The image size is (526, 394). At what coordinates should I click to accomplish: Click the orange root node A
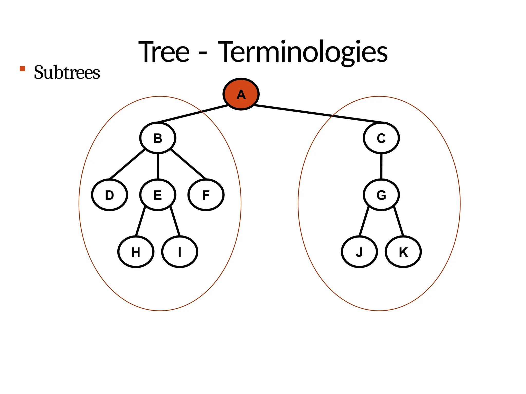pos(241,94)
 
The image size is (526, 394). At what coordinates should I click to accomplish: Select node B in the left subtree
pos(158,138)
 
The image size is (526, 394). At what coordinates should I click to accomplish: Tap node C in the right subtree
pos(381,138)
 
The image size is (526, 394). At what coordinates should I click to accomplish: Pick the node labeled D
pos(110,195)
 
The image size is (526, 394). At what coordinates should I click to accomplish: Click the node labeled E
pos(158,195)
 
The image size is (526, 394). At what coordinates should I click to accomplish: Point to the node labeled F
pos(206,195)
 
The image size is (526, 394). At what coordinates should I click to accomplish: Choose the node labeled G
pos(381,195)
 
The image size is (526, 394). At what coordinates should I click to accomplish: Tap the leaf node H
pos(136,252)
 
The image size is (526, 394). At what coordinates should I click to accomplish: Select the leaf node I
pos(180,252)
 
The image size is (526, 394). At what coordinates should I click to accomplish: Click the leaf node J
pos(359,252)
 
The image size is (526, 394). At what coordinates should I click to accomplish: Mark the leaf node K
pos(403,252)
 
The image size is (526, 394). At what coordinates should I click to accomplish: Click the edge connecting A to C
pos(318,114)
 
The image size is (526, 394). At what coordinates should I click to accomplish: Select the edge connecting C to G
pos(381,166)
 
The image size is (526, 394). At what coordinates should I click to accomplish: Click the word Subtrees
pos(67,73)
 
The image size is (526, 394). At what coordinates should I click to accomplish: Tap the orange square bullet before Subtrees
pos(22,68)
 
